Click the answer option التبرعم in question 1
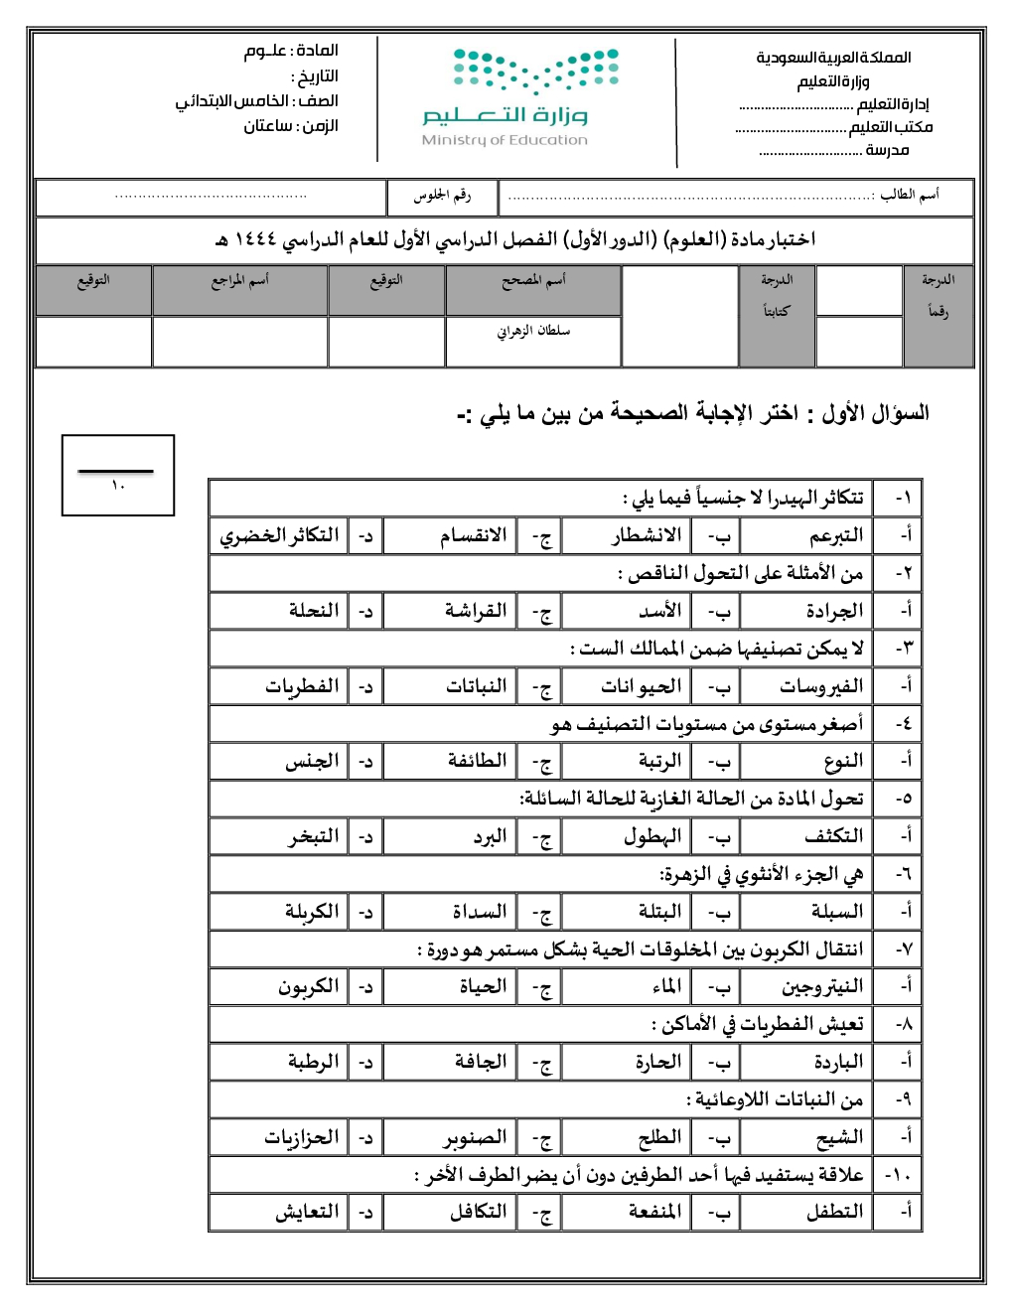coord(835,536)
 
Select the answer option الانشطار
coord(647,536)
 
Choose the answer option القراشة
coord(476,611)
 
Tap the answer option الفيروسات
coord(821,686)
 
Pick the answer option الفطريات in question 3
coord(302,686)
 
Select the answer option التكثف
coord(834,836)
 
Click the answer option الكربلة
coord(312,912)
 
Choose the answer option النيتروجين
coord(822,987)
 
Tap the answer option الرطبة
coord(313,1062)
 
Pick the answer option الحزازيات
coord(301,1137)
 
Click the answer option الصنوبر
coord(474,1137)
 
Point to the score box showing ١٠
coord(118,476)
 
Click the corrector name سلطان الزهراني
coord(533,331)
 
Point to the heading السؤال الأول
coord(874,413)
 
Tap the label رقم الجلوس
coord(442,196)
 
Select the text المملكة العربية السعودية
coord(833,58)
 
